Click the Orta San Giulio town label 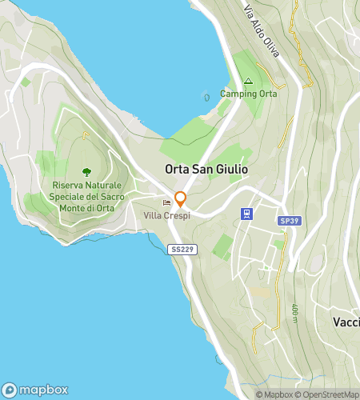pos(206,170)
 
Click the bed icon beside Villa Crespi pos(166,202)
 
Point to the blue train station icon pos(248,214)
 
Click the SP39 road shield pos(289,221)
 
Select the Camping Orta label pos(248,94)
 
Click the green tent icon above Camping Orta pos(248,81)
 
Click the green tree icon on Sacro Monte pos(86,171)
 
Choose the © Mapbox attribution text pos(273,394)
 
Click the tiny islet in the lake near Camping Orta pos(207,96)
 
